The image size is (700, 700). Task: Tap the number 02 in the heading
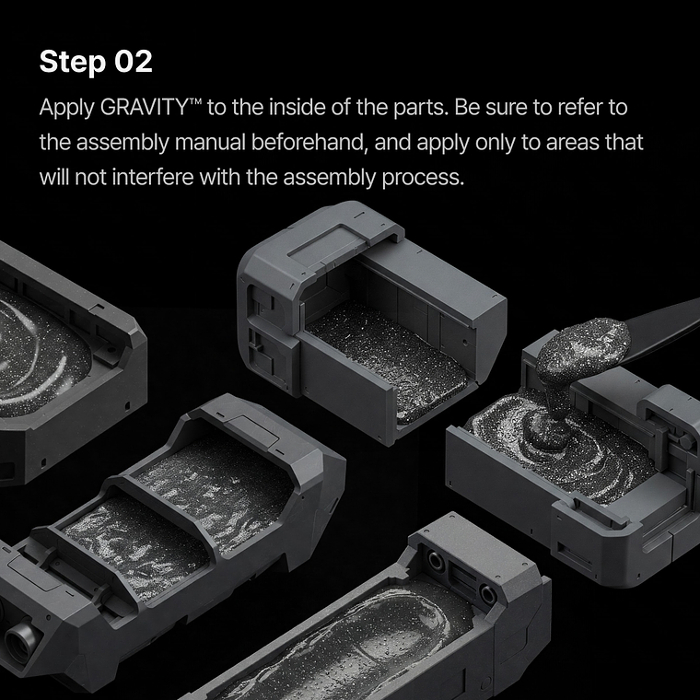[x=133, y=63]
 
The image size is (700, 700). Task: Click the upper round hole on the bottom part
[x=433, y=559]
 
